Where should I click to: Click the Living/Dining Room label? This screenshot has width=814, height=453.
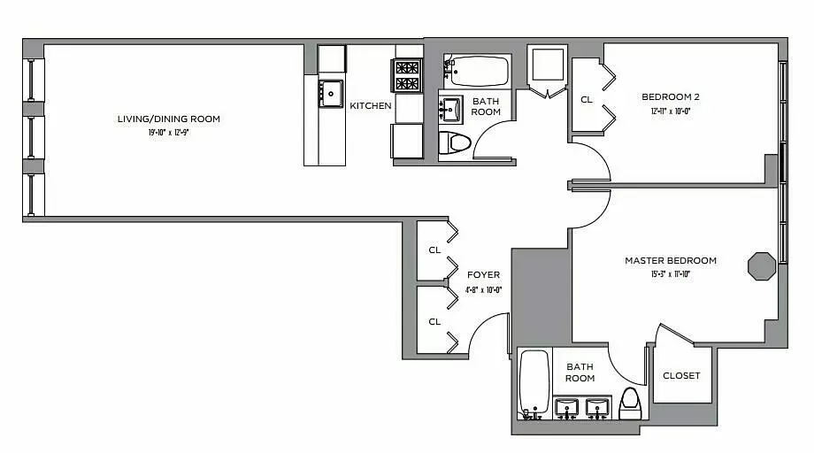[x=169, y=119]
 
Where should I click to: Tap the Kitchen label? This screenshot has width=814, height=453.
[x=370, y=106]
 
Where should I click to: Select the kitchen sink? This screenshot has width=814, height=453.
[x=330, y=92]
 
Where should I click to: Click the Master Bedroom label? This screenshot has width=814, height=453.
[x=670, y=261]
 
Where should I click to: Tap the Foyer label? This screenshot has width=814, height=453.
[x=483, y=275]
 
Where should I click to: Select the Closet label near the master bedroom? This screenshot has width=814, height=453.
[x=681, y=376]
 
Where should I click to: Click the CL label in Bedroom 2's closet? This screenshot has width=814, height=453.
[x=586, y=100]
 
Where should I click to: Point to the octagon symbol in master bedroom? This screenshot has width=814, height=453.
[x=761, y=265]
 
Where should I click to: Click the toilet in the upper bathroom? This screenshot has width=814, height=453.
[x=457, y=142]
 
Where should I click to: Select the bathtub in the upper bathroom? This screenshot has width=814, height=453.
[x=476, y=70]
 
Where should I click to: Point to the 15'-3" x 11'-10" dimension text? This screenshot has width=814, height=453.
[x=670, y=274]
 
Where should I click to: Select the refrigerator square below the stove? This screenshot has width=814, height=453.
[x=407, y=140]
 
